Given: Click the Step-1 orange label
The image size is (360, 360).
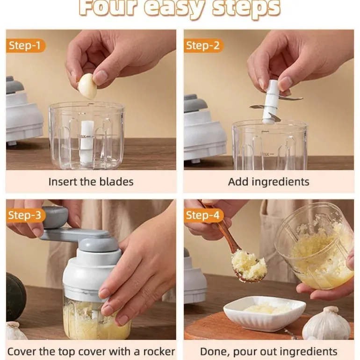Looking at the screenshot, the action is click(x=26, y=46).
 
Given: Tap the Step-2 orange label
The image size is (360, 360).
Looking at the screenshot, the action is click(x=203, y=46).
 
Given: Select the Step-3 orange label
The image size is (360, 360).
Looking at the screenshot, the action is click(x=26, y=216).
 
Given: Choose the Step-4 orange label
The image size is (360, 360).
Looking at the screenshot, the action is click(x=203, y=216).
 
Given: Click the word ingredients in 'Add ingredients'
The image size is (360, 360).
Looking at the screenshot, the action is click(x=281, y=182).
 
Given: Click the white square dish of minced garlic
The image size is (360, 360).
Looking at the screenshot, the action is click(x=264, y=313).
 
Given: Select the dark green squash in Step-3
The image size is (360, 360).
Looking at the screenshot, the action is click(x=15, y=297).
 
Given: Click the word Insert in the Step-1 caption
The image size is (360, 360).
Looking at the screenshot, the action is click(x=63, y=182).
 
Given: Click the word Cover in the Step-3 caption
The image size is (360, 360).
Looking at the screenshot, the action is click(x=22, y=352).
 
